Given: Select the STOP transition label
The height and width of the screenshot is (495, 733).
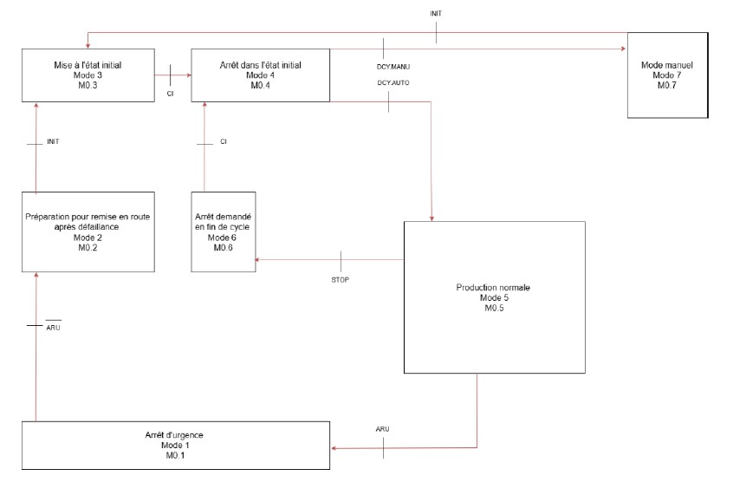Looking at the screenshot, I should point(341,280).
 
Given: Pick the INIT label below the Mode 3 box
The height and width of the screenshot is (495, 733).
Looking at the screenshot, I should point(52,140).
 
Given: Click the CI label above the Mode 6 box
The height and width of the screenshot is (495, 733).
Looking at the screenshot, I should point(223,140).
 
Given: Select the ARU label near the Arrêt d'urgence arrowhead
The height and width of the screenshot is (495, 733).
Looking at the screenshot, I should point(383,429).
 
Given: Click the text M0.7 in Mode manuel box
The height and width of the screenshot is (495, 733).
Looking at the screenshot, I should point(667,86).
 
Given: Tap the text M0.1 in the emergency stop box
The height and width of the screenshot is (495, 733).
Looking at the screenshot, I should point(175,454).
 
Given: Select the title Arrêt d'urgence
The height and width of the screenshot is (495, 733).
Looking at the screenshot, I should point(175,433).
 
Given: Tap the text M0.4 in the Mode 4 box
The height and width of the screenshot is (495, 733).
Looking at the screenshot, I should point(261,86).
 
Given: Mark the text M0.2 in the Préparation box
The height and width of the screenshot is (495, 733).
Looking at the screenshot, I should point(88,246).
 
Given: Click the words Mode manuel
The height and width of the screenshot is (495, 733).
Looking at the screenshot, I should point(667,65).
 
